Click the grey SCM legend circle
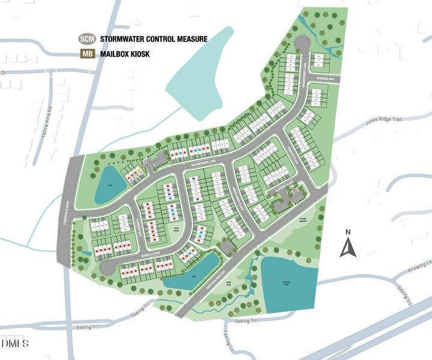pos(88,39)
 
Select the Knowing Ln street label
pos(421,265)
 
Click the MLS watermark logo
pos(16,344)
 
